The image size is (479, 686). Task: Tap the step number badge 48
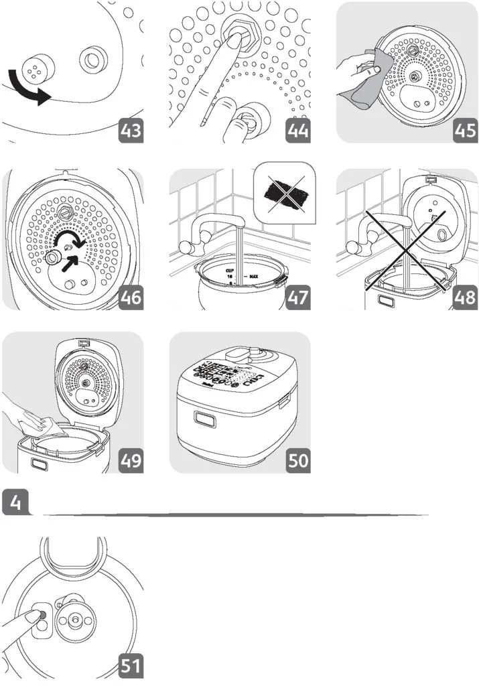[x=462, y=297]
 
